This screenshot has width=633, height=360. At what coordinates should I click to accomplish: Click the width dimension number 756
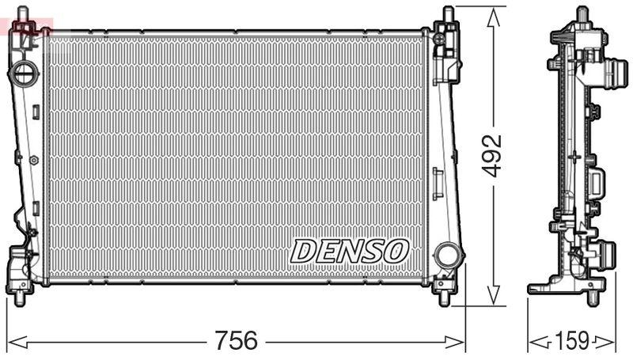point(237,340)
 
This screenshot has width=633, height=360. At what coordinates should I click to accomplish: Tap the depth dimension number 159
point(572,341)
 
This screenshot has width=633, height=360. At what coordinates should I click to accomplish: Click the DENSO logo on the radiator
point(349,251)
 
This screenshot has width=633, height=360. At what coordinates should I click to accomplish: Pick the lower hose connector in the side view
point(606,258)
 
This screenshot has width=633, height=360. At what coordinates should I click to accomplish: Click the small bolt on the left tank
point(34,160)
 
